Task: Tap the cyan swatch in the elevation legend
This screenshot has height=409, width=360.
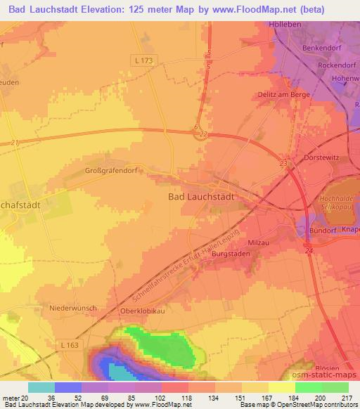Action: click(x=41, y=387)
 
